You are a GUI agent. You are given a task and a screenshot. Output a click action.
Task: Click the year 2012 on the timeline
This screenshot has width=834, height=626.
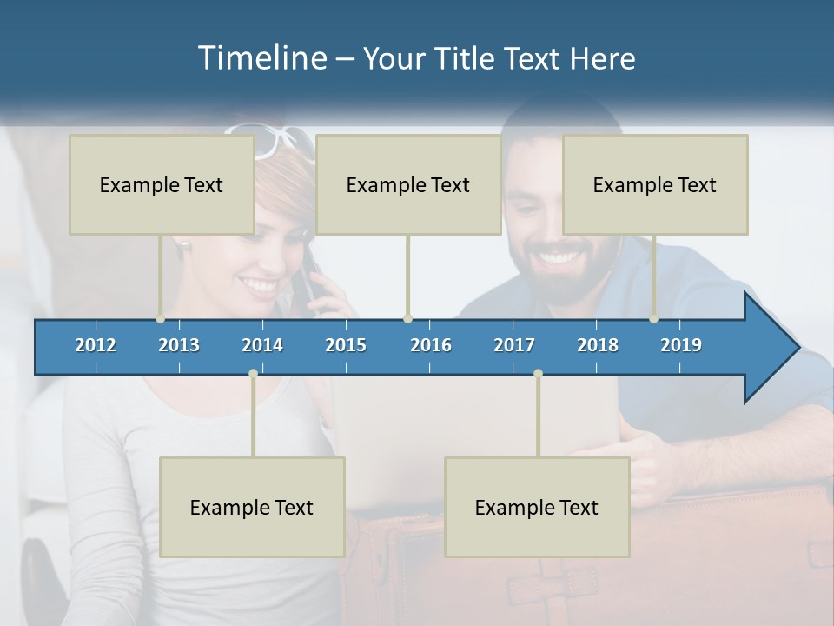96,345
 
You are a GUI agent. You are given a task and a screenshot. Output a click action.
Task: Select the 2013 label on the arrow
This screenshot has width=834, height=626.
179,345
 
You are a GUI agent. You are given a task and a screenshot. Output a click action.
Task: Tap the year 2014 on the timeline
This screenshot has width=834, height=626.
262,345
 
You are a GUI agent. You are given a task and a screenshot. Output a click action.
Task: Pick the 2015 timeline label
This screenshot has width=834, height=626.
346,345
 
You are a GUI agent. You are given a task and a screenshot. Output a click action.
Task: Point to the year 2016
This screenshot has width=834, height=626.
431,345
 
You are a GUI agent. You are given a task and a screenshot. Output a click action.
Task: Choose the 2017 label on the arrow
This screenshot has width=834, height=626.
514,345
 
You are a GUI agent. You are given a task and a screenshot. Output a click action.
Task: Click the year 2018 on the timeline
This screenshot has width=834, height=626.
598,345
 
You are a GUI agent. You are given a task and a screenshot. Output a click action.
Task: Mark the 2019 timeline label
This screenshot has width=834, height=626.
681,345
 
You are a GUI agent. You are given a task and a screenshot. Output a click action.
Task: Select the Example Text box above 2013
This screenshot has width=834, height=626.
162,184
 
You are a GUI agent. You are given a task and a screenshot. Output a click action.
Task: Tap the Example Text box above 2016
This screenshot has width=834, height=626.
408,184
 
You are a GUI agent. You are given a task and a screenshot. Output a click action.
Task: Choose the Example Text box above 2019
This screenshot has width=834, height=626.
655,184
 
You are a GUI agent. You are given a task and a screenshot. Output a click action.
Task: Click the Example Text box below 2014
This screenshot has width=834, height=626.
252,507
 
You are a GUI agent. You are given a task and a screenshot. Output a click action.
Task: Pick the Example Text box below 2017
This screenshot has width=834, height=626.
537,507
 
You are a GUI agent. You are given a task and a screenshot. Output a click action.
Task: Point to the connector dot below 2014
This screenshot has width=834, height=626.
253,373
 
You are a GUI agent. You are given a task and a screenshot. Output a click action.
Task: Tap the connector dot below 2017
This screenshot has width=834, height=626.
538,373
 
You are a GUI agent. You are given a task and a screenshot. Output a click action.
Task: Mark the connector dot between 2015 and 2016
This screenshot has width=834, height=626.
407,318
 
